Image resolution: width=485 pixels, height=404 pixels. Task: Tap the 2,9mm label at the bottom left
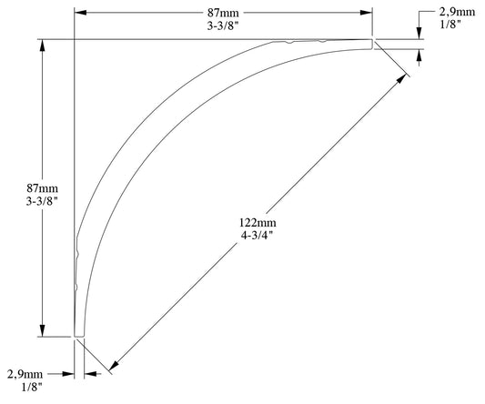pos(25,374)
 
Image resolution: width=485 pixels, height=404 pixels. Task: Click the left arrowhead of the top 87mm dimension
pos(79,13)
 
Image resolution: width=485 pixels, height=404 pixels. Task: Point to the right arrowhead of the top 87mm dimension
pos(368,13)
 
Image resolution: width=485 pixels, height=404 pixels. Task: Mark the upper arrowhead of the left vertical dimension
pos(42,45)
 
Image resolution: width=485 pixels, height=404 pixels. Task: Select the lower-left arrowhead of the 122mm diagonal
pos(113,365)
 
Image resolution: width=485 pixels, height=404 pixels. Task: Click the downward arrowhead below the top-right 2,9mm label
pos(420,35)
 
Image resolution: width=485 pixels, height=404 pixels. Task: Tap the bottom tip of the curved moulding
pos(79,336)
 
